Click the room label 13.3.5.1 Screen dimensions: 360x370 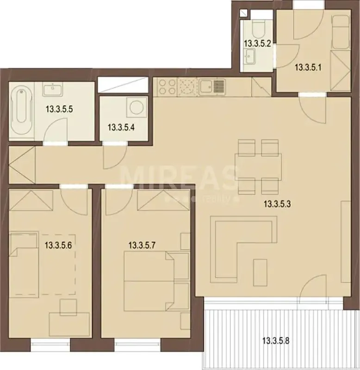tap(308, 68)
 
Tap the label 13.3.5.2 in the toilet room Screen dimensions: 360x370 tap(257, 43)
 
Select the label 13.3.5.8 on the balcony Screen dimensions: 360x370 tap(276, 341)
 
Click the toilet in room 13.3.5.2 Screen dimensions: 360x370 tap(259, 28)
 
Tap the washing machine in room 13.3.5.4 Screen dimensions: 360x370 tap(136, 107)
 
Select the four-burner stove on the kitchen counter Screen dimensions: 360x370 tap(167, 86)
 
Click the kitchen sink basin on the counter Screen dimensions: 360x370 tap(207, 87)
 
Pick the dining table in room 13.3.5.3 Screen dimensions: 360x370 tap(258, 167)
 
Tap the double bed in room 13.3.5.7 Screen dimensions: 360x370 tap(157, 281)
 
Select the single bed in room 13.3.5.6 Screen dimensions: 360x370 tap(24, 264)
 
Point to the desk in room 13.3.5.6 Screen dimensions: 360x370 tap(69, 324)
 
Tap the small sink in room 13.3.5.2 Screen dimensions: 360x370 tap(249, 56)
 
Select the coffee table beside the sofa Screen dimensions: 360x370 tap(260, 272)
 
